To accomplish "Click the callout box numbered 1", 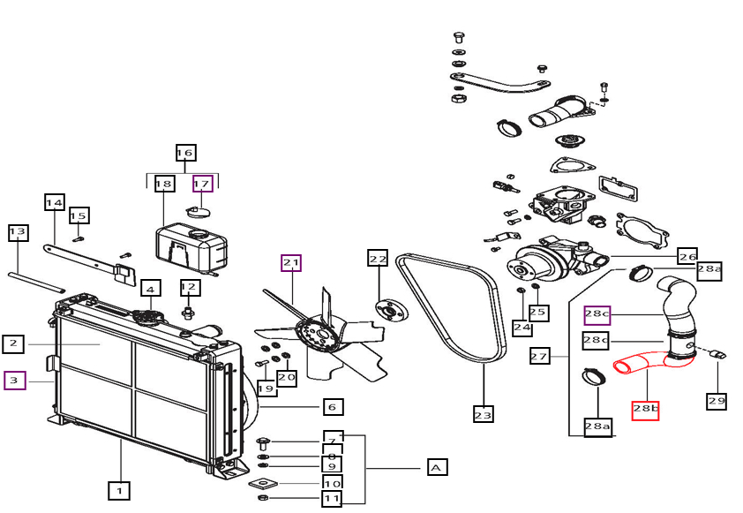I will tap(119, 488).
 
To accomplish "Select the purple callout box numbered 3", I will tap(15, 381).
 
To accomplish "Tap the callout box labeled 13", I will tap(18, 233).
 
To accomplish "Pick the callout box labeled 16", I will tap(184, 153).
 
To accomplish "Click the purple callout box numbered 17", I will tap(203, 184).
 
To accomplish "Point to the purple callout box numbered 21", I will tap(291, 262).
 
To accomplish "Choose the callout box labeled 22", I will tap(378, 259).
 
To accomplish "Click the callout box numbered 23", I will tap(484, 413).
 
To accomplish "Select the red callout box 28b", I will tap(645, 410).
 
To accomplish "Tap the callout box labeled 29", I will tap(716, 401).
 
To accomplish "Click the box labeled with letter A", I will tap(437, 467).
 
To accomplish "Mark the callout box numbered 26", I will tap(687, 256).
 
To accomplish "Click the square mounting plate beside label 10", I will tap(263, 483).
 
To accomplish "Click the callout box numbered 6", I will tap(332, 407).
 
